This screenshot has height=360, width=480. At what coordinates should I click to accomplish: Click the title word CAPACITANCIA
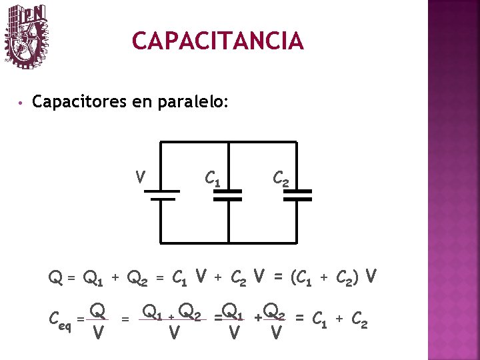pyautogui.click(x=218, y=41)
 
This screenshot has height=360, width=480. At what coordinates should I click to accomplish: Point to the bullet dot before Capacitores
pyautogui.click(x=21, y=103)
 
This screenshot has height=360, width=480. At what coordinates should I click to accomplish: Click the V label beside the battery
pyautogui.click(x=140, y=177)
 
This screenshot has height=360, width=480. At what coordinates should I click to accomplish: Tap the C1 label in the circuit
pyautogui.click(x=213, y=178)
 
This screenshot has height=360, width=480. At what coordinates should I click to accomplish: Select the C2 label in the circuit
pyautogui.click(x=281, y=178)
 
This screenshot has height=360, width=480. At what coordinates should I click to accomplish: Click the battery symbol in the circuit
pyautogui.click(x=160, y=194)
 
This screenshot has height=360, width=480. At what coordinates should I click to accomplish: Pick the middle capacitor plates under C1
pyautogui.click(x=228, y=194)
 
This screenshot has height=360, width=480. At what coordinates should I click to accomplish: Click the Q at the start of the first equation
pyautogui.click(x=55, y=276)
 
